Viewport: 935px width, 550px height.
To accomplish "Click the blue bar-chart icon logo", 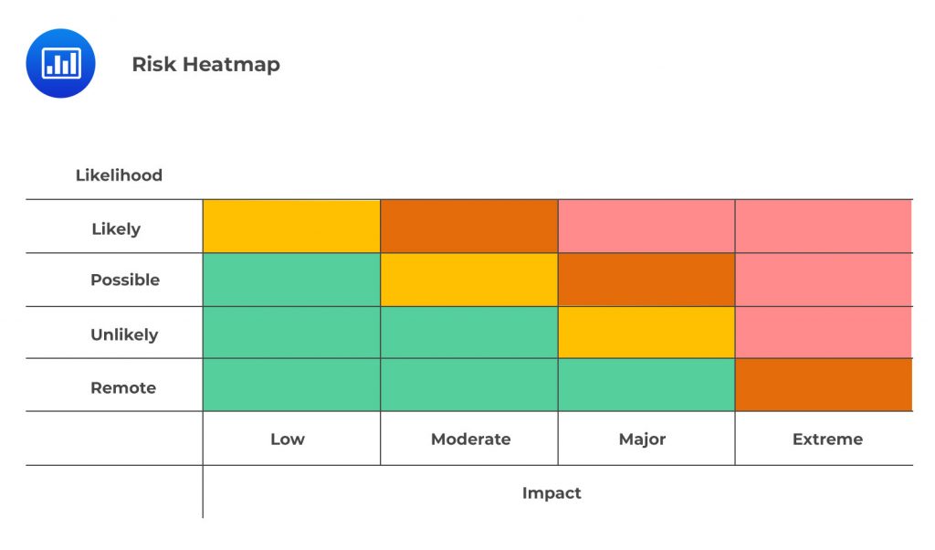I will [61, 63].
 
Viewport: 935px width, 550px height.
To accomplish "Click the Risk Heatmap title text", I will [205, 64].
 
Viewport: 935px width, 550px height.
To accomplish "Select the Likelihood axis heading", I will [119, 175].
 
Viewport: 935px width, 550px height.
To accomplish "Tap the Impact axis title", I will [552, 492].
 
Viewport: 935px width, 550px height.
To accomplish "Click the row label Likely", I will [116, 228].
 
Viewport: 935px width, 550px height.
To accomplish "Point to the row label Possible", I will [125, 280].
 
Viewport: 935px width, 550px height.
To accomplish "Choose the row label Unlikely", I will [124, 334].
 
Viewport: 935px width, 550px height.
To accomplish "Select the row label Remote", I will [123, 387].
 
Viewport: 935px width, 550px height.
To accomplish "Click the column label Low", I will [287, 439].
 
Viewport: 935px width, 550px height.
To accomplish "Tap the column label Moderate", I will [470, 439].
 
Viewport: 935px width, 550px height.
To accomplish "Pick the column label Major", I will [642, 439].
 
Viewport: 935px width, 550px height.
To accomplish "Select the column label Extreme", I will [827, 439].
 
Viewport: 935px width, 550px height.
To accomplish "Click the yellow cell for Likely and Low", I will [291, 227].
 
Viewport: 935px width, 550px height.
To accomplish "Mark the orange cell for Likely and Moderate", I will [468, 227].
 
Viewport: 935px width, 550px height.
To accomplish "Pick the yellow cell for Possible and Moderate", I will [468, 280].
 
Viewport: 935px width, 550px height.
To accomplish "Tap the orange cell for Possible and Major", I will [646, 280].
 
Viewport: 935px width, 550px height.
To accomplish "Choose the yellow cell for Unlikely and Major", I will [646, 333].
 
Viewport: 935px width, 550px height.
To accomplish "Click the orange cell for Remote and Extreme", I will [823, 385].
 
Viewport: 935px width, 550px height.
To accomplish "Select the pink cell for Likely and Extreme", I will [823, 227].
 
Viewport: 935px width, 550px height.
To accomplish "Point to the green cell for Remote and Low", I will [291, 385].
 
